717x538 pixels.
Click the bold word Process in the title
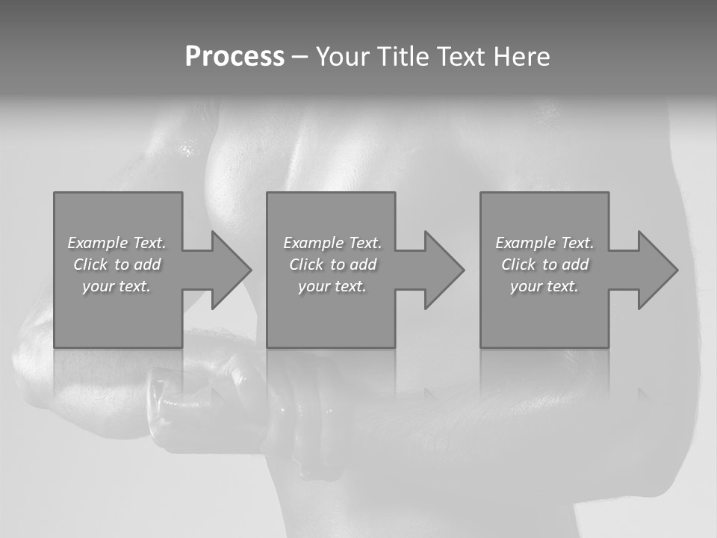click(235, 57)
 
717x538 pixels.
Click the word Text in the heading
click(462, 57)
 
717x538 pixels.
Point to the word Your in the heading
click(343, 57)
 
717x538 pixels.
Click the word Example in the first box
click(98, 243)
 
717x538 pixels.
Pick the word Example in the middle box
click(314, 243)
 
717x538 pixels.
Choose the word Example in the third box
click(526, 243)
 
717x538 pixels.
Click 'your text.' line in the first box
click(117, 286)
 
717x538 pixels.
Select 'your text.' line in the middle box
click(332, 286)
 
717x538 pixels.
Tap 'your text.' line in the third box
click(544, 286)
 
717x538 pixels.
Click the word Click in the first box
click(90, 265)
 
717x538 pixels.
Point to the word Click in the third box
click(518, 265)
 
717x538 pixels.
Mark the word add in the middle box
click(363, 265)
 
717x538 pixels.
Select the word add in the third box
click(575, 265)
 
